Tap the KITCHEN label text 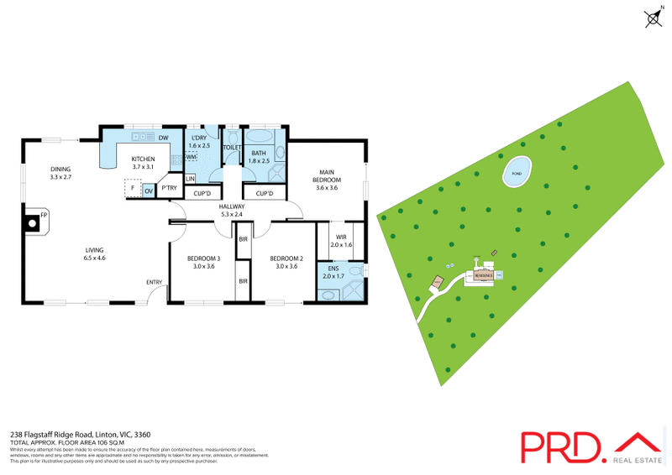click(x=143, y=159)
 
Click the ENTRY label click(x=154, y=282)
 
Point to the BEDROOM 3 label click(x=205, y=258)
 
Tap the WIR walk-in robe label click(x=341, y=237)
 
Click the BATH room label click(x=259, y=153)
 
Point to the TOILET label click(x=232, y=148)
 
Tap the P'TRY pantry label click(x=170, y=188)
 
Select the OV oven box click(x=149, y=191)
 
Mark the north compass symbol click(x=654, y=18)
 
